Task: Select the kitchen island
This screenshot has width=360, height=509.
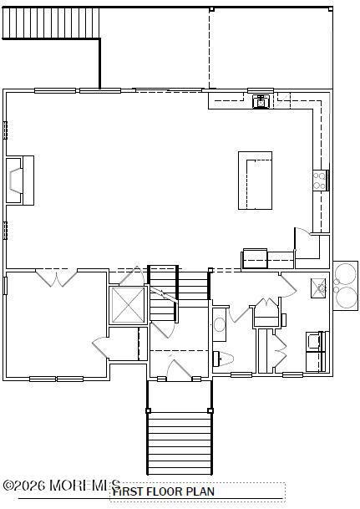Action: tap(255, 180)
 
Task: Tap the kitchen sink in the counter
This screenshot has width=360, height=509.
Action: tap(260, 101)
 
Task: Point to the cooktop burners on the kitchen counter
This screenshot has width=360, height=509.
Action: tap(319, 176)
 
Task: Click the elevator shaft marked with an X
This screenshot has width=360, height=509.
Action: tap(128, 305)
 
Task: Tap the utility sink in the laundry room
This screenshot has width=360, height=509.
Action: tap(319, 288)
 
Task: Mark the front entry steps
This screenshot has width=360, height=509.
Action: tap(177, 440)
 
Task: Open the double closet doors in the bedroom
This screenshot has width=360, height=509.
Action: tap(57, 278)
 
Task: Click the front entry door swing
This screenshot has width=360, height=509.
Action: tap(178, 368)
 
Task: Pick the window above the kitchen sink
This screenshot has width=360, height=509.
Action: tap(260, 90)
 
